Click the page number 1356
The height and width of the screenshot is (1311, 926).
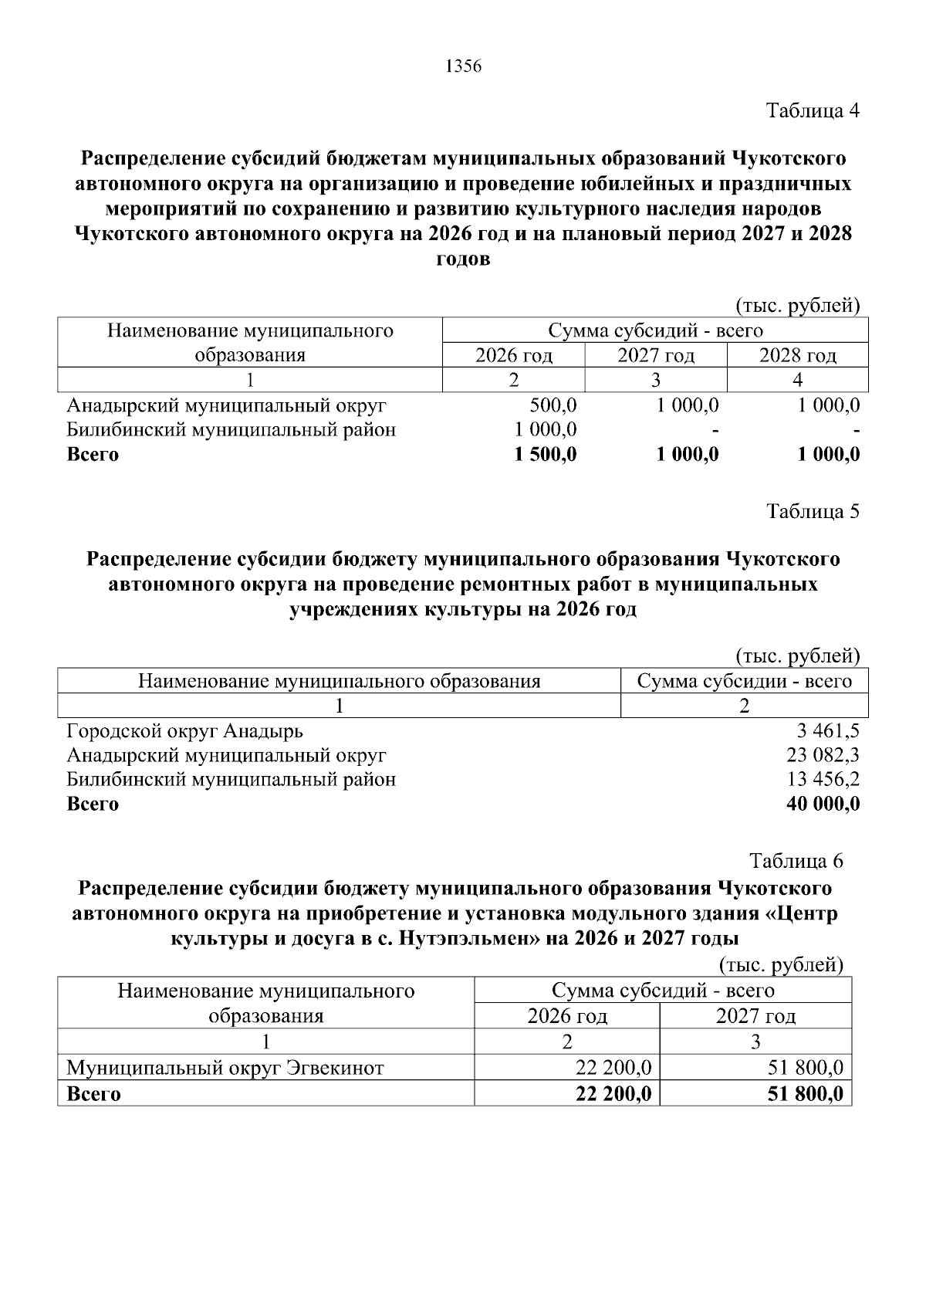pos(463,67)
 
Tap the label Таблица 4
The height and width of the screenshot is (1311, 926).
pos(813,110)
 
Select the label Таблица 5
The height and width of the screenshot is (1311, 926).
pos(813,511)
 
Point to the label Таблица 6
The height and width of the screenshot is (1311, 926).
pos(796,861)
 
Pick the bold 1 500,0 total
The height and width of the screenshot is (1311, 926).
pos(546,454)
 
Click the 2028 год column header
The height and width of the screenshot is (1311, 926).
pos(797,355)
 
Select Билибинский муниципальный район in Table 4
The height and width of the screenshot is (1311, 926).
pos(231,430)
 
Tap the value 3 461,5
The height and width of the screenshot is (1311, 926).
pos(828,730)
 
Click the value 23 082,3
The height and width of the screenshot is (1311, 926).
pos(823,755)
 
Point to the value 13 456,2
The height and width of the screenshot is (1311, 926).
pos(823,779)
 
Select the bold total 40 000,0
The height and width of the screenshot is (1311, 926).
pos(823,804)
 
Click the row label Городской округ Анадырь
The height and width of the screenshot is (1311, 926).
pos(184,730)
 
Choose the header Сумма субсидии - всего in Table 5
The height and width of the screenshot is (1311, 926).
pos(744,681)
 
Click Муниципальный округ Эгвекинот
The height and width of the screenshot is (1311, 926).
pos(225,1068)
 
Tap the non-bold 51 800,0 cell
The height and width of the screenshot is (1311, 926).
pos(806,1068)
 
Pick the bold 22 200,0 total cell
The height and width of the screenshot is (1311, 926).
pos(613,1093)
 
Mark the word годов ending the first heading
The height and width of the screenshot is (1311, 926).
pos(463,259)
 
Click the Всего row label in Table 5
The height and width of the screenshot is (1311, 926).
pos(93,804)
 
